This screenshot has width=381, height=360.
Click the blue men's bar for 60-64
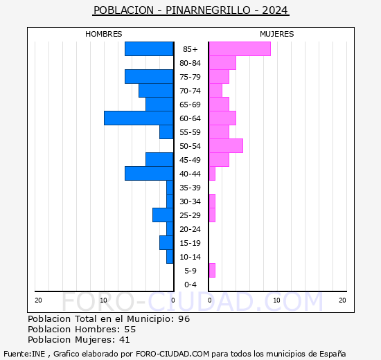[139, 118]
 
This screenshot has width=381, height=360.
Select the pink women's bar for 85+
[240, 49]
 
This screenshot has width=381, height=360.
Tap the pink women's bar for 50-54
[226, 146]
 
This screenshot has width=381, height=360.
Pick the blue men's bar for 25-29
[163, 215]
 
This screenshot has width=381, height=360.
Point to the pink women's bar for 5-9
[212, 271]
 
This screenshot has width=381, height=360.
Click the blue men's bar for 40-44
[149, 174]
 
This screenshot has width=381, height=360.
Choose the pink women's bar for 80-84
[222, 63]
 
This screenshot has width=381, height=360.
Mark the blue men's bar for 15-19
[166, 243]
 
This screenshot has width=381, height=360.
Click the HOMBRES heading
[103, 34]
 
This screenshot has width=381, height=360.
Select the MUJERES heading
[277, 34]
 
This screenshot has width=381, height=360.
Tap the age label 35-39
[190, 188]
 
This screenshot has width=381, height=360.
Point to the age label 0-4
[190, 285]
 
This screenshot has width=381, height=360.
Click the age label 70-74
[190, 91]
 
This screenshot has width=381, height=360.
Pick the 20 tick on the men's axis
[38, 300]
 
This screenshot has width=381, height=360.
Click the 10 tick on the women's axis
[276, 300]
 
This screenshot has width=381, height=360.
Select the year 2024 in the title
[275, 10]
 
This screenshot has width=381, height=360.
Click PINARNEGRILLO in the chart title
[208, 10]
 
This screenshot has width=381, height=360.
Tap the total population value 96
[184, 318]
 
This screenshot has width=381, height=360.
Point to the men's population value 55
[130, 329]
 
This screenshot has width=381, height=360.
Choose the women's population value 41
[125, 340]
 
